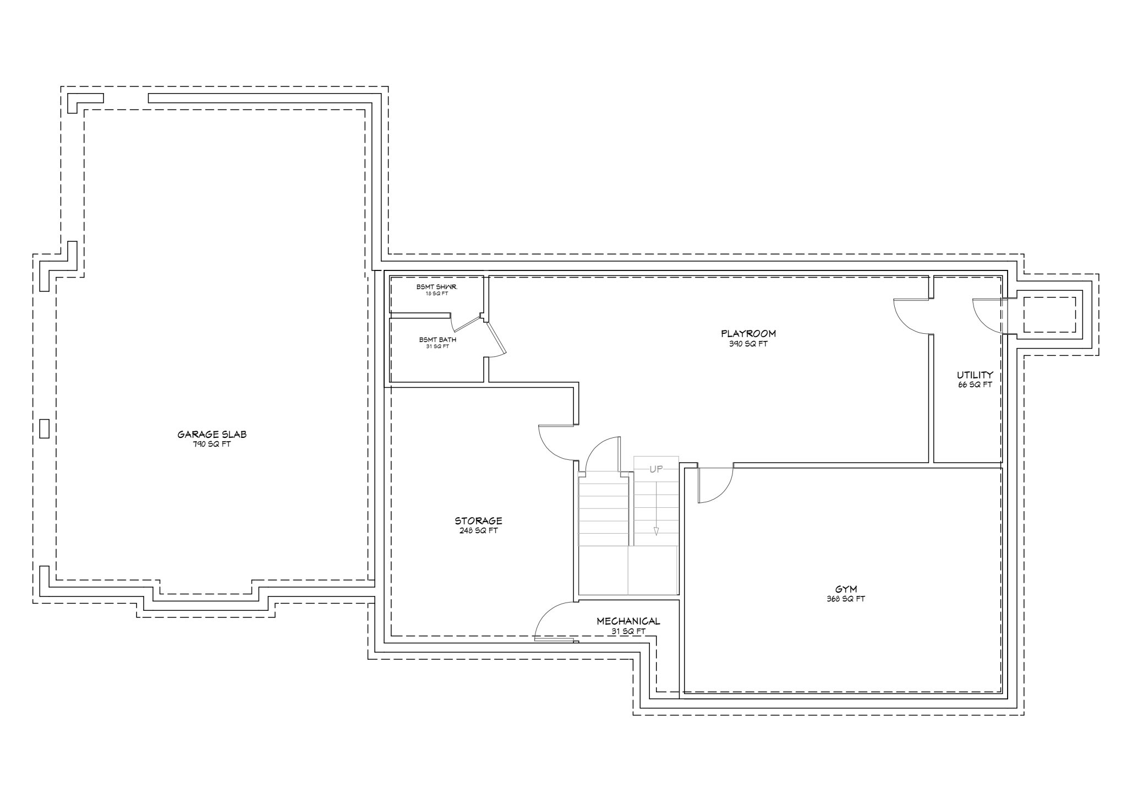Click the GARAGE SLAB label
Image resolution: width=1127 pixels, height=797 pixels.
tap(212, 434)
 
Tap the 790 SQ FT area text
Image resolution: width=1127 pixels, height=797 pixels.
tap(212, 444)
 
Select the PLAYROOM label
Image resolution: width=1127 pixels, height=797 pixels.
tap(748, 333)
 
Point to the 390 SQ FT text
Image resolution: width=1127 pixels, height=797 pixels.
tap(748, 344)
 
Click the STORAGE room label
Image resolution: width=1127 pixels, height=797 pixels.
tap(478, 521)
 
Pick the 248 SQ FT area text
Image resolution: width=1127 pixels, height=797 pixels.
tap(478, 531)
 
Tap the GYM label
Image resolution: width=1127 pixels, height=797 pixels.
tap(846, 589)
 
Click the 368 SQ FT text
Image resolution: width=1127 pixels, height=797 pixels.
tap(846, 599)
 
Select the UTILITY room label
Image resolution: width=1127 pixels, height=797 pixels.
tap(975, 375)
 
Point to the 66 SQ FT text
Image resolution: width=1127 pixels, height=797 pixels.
tap(975, 385)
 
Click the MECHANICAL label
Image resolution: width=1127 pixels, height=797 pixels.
tap(628, 621)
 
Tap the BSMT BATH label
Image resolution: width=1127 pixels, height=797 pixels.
tap(437, 340)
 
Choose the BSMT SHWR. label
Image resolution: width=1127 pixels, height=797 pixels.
tap(437, 287)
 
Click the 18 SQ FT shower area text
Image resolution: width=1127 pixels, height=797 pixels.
tap(437, 294)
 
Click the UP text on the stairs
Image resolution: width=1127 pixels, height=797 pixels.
tap(656, 469)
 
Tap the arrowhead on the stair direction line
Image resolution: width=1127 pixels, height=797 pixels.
tap(656, 532)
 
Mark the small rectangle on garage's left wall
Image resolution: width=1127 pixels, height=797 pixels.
tap(45, 429)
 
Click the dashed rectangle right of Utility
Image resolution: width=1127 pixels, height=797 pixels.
tap(1049, 315)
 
